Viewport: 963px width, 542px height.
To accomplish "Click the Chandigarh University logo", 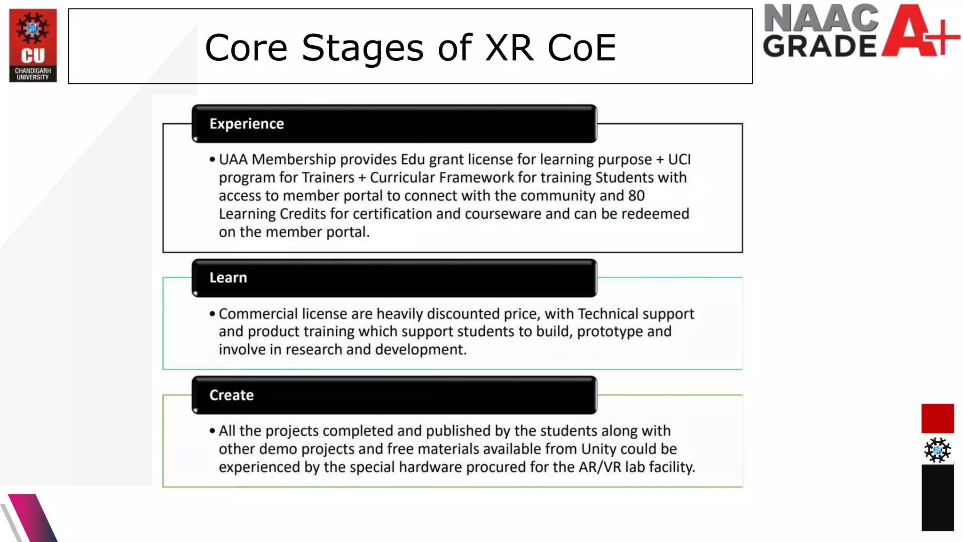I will [33, 45].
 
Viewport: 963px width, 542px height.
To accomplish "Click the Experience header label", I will [246, 124].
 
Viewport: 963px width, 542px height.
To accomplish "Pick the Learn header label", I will [228, 278].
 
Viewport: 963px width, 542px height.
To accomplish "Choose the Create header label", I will [231, 395].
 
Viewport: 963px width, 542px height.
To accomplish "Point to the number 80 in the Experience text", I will [636, 196].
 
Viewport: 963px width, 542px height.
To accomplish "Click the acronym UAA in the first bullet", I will [233, 159].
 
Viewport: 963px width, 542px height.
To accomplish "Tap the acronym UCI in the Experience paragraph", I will [679, 159].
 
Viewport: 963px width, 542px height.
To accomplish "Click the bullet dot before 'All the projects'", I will [213, 431].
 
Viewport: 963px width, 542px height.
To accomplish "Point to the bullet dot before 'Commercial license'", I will [213, 314].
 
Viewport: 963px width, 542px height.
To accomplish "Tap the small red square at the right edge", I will [937, 418].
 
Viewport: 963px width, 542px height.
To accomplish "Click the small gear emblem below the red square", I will [937, 450].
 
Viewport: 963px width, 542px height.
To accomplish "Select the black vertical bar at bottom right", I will [937, 498].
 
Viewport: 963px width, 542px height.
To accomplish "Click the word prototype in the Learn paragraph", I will [610, 332].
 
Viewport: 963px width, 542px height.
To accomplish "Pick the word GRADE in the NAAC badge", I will [820, 46].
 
